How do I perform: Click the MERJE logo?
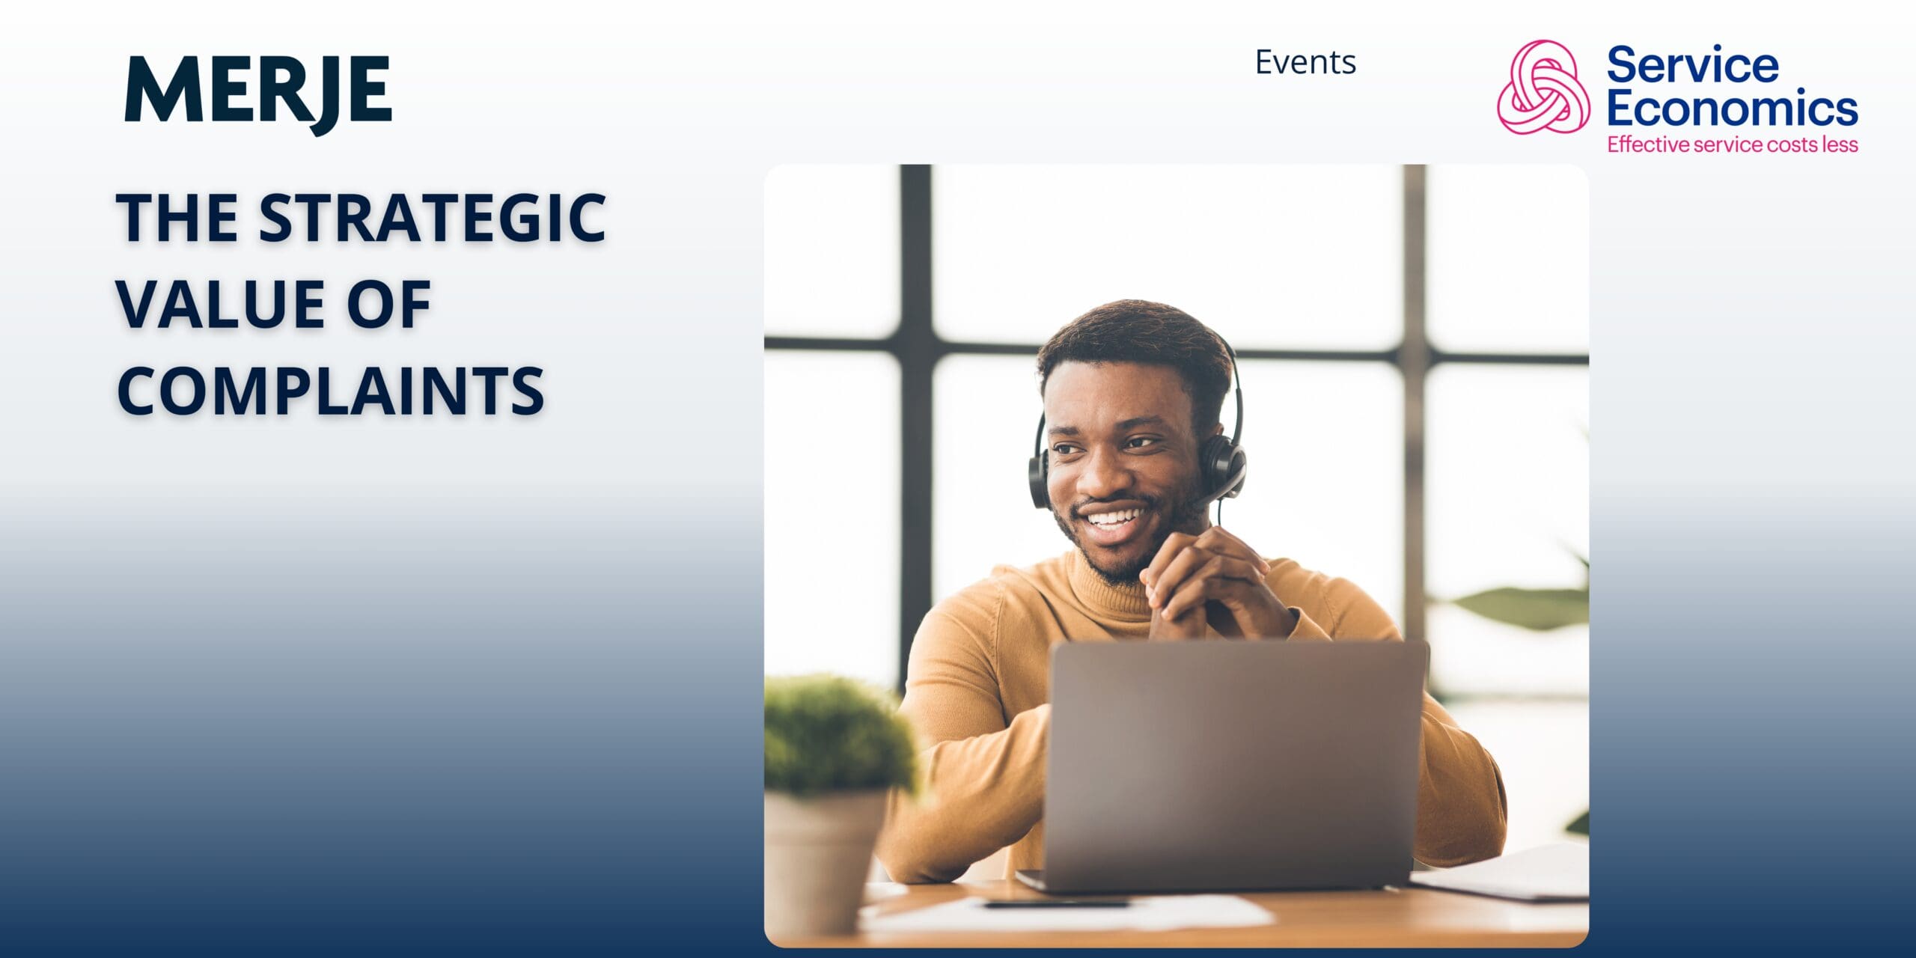point(258,93)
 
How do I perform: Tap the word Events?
point(1305,62)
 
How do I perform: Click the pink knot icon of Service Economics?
point(1544,88)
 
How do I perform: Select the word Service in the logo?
point(1692,64)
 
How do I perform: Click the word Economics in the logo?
point(1733,108)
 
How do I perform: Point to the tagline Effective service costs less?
point(1733,144)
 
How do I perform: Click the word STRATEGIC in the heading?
point(433,218)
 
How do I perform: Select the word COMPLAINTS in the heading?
point(331,391)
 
